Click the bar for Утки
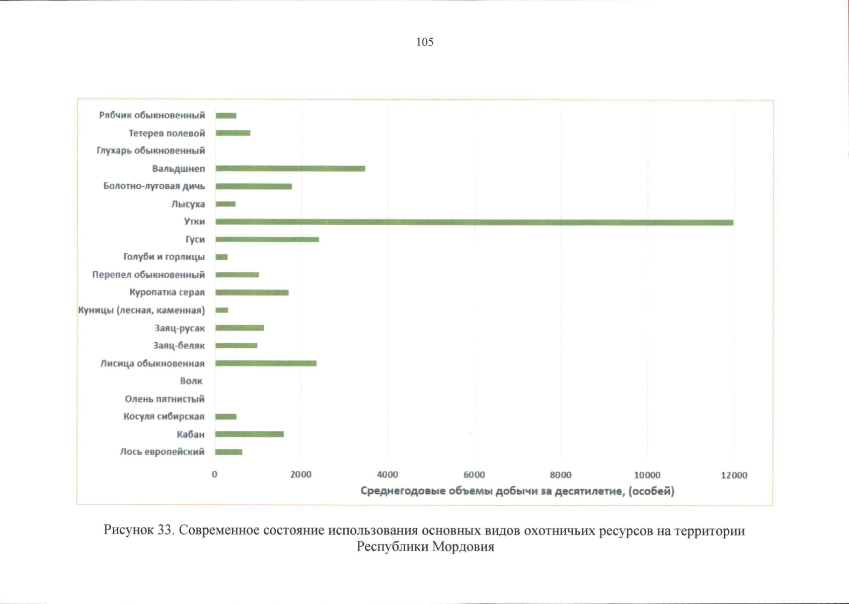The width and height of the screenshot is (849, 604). tap(474, 222)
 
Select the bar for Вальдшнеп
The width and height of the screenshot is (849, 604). tap(290, 169)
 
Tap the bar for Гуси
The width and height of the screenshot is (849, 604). tap(267, 239)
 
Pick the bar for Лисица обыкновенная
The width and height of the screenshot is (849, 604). tap(266, 363)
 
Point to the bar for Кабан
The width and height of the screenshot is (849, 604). tap(250, 434)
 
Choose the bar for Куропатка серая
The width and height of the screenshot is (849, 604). tap(252, 292)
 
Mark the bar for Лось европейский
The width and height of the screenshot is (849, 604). tap(229, 452)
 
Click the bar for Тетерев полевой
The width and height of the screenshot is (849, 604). tap(233, 133)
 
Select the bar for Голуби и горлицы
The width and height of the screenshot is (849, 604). tap(221, 257)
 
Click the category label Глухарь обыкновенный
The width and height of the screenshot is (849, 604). tap(151, 150)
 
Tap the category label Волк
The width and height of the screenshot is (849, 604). tap(191, 381)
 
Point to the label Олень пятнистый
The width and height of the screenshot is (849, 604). tap(165, 399)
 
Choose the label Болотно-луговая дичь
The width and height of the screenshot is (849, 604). tap(154, 186)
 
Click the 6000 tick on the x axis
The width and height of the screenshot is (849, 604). tap(474, 475)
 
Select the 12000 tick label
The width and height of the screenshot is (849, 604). tap(734, 475)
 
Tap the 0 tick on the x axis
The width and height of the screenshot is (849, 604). tap(215, 475)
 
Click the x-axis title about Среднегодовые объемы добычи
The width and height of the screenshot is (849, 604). tap(517, 491)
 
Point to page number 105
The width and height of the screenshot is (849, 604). tap(425, 42)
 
